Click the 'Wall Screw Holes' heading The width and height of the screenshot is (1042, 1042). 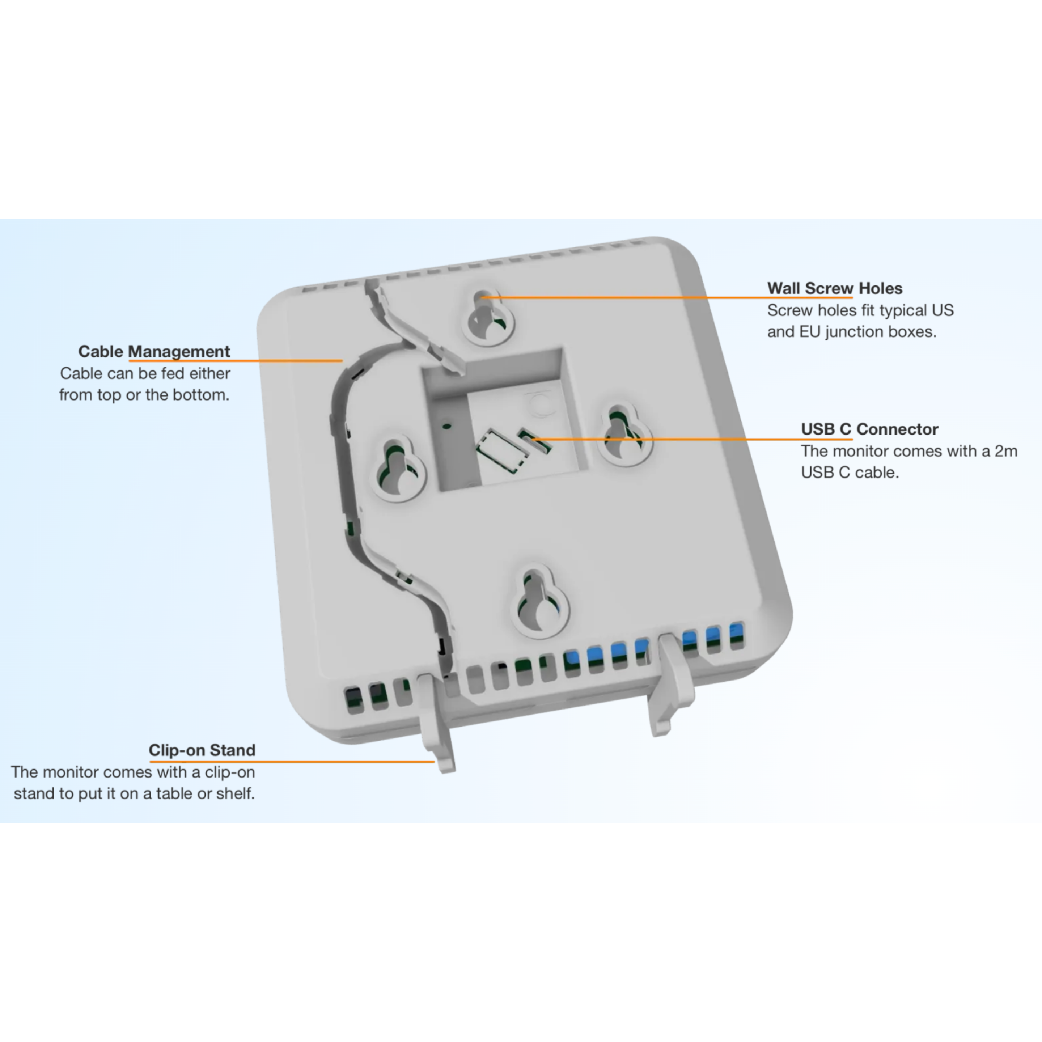click(x=834, y=289)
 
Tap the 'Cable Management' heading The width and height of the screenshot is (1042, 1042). click(x=154, y=352)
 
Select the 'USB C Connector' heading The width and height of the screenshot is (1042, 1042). click(x=869, y=429)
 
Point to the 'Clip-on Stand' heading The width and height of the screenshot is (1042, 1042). click(x=202, y=750)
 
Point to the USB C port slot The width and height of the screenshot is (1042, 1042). click(x=534, y=441)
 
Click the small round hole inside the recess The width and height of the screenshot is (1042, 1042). click(x=446, y=425)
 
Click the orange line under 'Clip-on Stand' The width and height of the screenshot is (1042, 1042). click(x=292, y=762)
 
